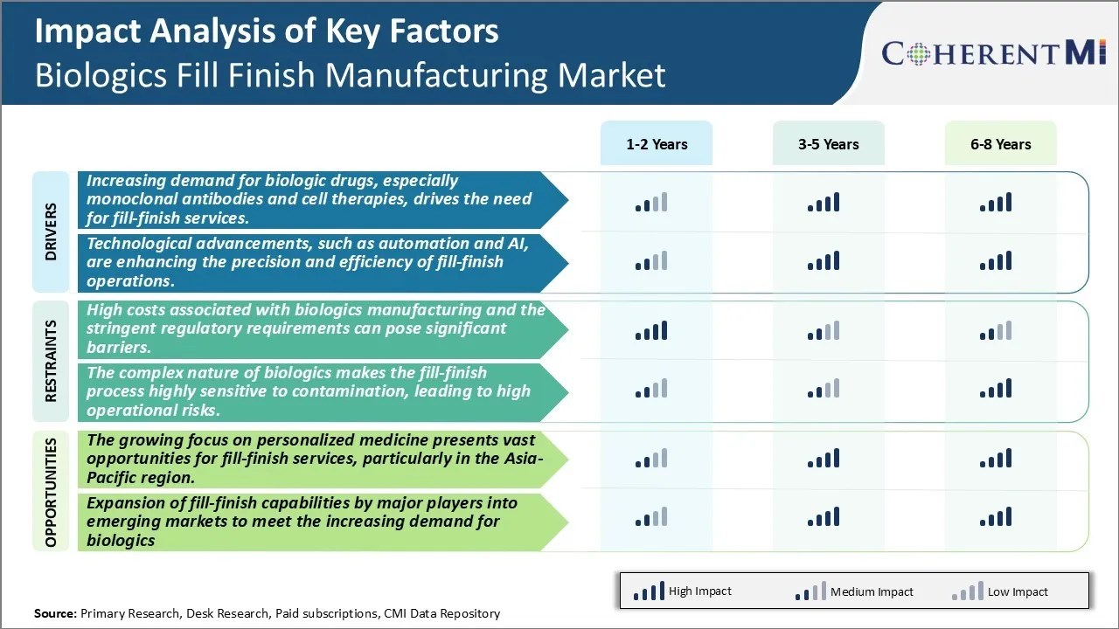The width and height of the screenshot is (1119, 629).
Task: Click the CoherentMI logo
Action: click(x=995, y=53)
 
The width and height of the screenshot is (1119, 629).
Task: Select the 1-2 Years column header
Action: click(x=657, y=144)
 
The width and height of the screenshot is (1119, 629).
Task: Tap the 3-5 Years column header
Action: click(x=828, y=144)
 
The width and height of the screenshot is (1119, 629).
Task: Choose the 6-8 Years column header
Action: click(x=1000, y=144)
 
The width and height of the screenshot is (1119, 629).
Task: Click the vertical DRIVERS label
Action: click(x=50, y=232)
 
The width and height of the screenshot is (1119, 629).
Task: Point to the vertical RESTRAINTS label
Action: click(x=50, y=361)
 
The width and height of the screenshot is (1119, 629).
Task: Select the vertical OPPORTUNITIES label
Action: click(x=50, y=492)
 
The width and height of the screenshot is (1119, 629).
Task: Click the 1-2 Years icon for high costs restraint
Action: click(x=651, y=330)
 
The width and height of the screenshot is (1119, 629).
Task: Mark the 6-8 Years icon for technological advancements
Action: click(x=996, y=260)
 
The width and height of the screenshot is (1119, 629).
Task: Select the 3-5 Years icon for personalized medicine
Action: click(x=824, y=459)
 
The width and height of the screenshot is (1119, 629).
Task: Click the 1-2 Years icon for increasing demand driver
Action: click(x=651, y=203)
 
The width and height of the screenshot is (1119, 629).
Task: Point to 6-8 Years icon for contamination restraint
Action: click(x=996, y=389)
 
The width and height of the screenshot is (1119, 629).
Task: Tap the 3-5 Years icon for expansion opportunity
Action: click(x=824, y=517)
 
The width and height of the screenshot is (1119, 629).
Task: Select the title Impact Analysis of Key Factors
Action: click(x=267, y=31)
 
